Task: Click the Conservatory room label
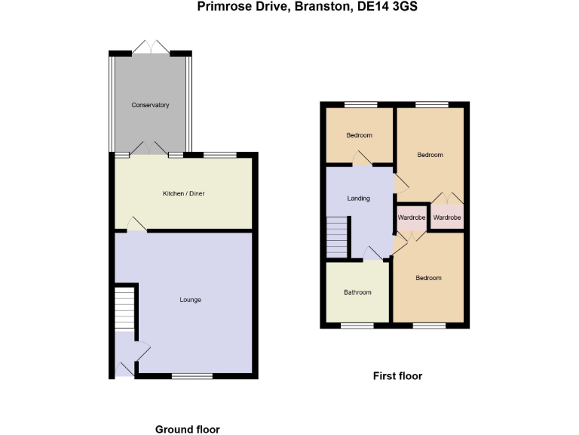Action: [x=150, y=105]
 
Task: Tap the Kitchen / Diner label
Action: [x=184, y=194]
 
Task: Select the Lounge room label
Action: [x=190, y=300]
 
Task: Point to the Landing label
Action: [x=358, y=199]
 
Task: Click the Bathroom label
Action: [x=357, y=292]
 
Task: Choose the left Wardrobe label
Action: [x=412, y=217]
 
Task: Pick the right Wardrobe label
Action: [x=446, y=217]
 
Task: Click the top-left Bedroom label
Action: [x=360, y=136]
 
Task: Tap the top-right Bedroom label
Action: [x=430, y=155]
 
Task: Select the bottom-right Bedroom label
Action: [x=428, y=278]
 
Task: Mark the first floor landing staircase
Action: [x=338, y=237]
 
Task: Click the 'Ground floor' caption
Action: [x=188, y=429]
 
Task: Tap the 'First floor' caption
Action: [x=398, y=375]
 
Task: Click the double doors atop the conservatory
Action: [x=151, y=48]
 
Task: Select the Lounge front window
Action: [x=192, y=375]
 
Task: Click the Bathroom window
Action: [x=351, y=325]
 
